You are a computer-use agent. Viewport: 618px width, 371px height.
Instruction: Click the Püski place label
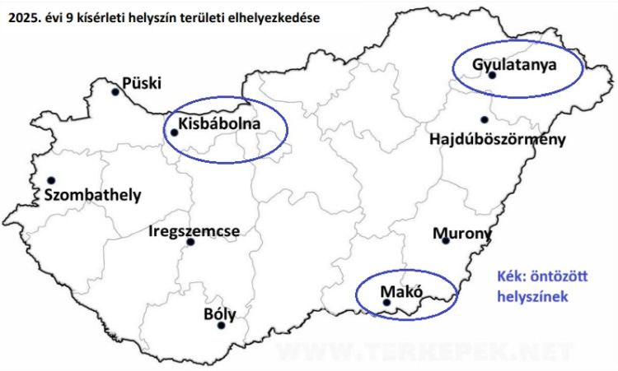[142, 82]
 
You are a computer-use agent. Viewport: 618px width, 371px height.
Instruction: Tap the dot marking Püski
[115, 92]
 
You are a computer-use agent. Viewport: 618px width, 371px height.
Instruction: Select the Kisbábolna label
[219, 124]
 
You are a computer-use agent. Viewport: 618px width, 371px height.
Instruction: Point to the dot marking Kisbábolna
[174, 132]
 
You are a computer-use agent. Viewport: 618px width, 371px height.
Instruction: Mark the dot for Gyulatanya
[492, 75]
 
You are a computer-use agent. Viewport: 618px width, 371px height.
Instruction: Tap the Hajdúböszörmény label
[498, 139]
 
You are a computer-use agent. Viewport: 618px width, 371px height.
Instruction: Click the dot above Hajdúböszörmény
[484, 120]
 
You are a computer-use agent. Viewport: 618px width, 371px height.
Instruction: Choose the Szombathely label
[95, 195]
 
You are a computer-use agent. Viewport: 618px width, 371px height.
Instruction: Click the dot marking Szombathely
[51, 180]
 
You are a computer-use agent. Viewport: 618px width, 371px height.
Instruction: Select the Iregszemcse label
[194, 231]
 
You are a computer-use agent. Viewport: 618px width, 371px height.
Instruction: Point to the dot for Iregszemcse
[190, 242]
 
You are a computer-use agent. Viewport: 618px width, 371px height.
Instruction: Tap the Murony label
[461, 234]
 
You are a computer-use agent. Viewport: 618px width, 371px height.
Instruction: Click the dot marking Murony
[446, 241]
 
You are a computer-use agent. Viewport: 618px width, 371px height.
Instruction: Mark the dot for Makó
[387, 303]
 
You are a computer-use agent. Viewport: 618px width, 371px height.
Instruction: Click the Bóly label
[219, 313]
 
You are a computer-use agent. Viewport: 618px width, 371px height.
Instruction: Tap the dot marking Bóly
[221, 326]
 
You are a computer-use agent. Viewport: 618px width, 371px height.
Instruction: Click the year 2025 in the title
[19, 16]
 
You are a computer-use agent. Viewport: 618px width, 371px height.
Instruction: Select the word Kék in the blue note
[511, 277]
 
